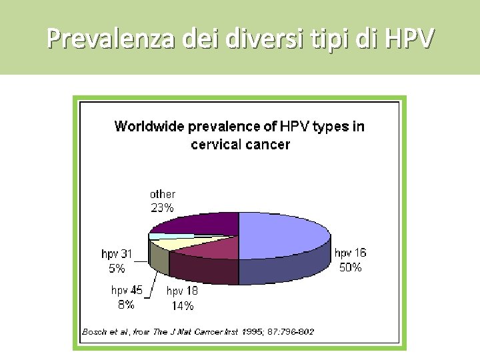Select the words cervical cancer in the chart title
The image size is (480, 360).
(x=240, y=144)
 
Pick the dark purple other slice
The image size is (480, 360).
(x=200, y=222)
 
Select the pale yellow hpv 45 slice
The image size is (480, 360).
(x=175, y=243)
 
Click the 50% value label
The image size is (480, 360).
(x=351, y=267)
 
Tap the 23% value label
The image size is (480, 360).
(x=162, y=207)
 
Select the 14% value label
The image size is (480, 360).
(x=182, y=306)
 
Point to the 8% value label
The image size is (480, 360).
(x=126, y=305)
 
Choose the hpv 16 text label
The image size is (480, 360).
(x=350, y=253)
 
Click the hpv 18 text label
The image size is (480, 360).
(x=182, y=291)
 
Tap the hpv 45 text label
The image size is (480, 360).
(x=127, y=290)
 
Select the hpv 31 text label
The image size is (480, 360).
(x=117, y=254)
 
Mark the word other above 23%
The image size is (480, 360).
(x=162, y=194)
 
